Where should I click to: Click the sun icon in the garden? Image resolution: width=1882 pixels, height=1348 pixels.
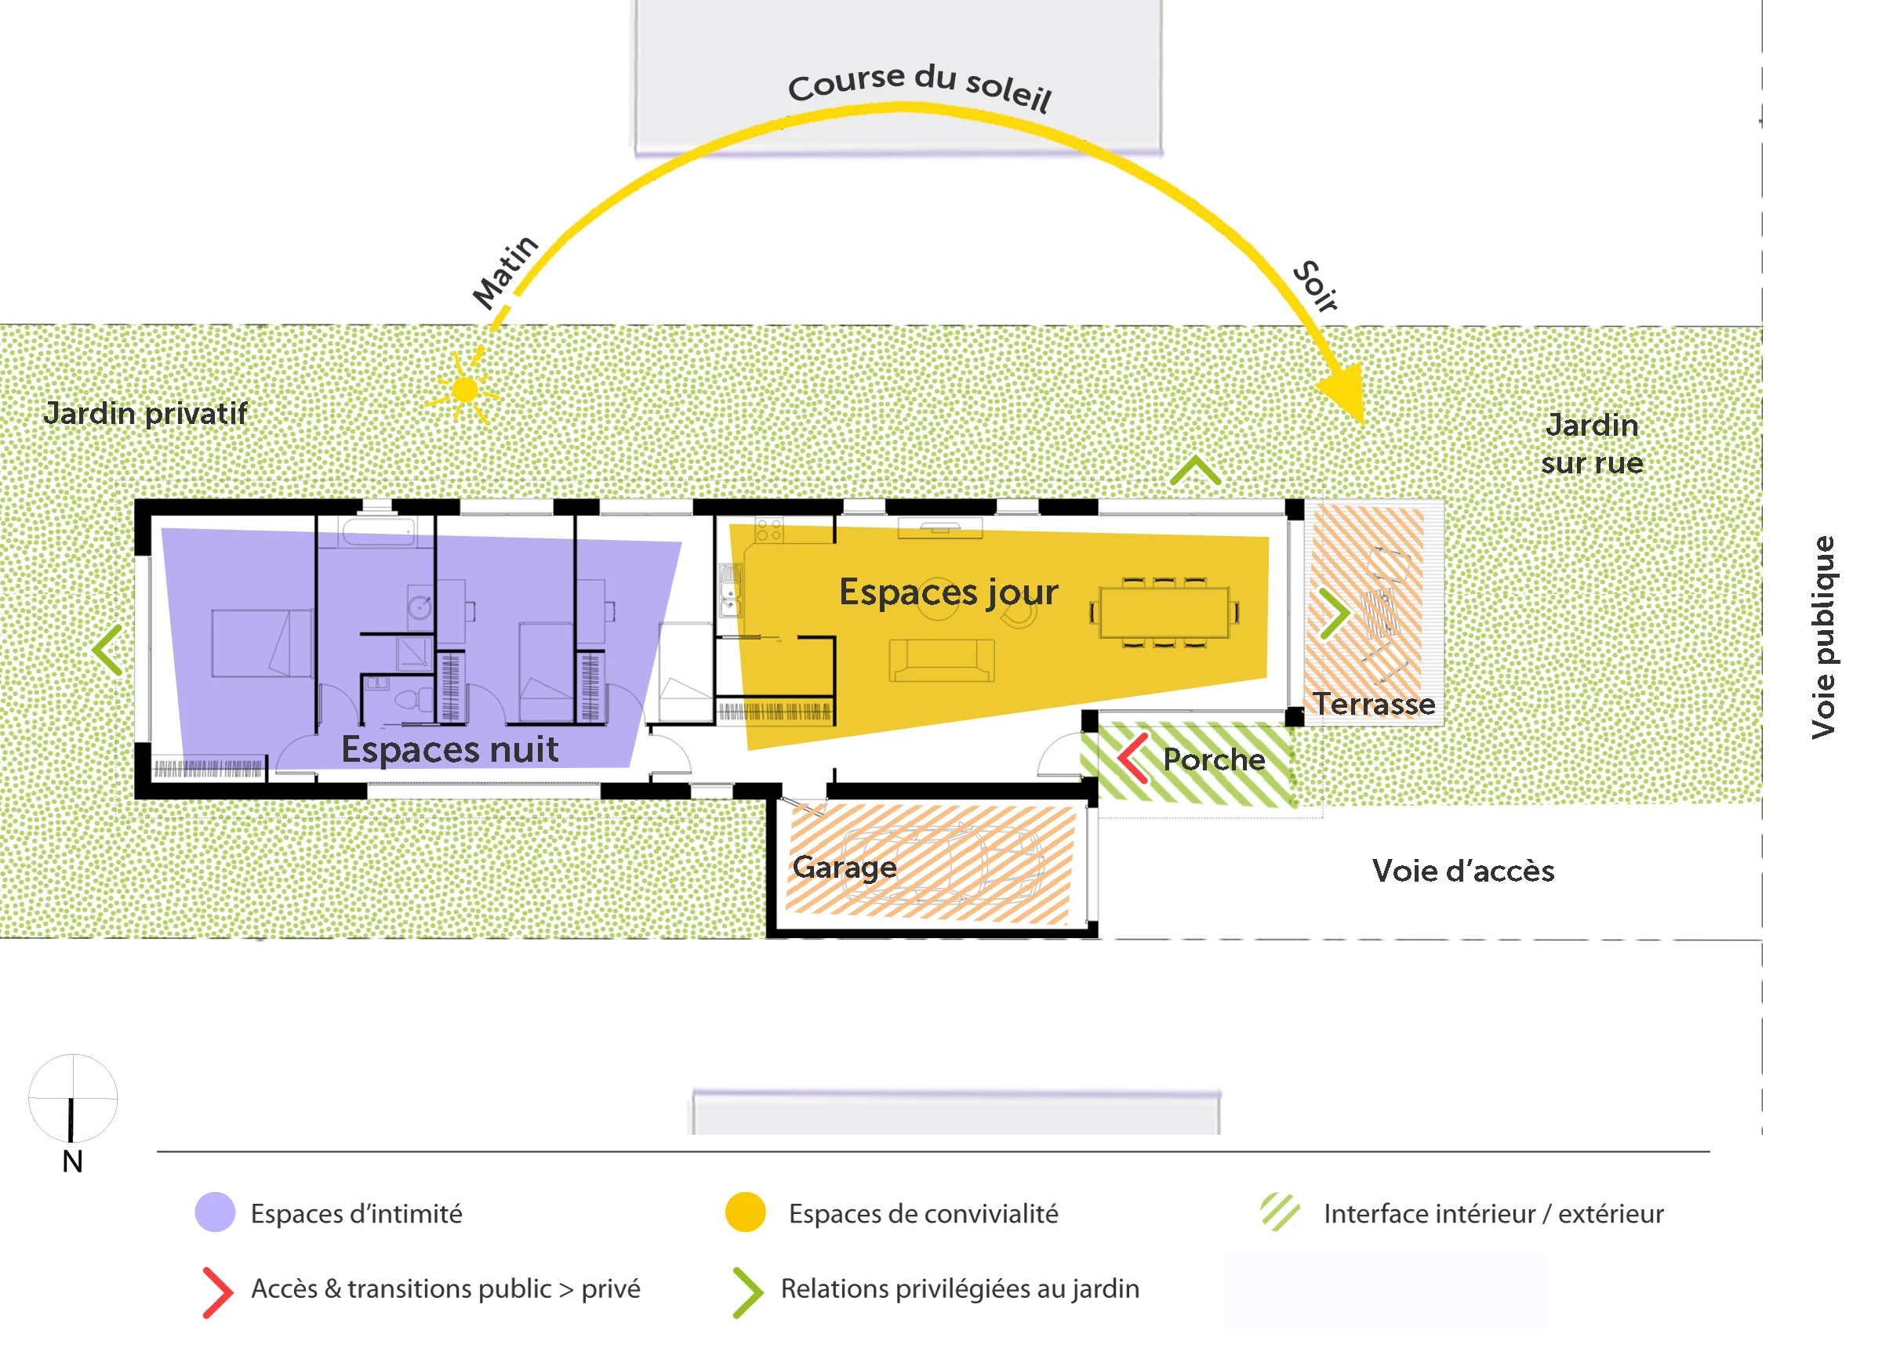click(x=466, y=389)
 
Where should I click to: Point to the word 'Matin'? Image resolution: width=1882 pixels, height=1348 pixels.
click(x=505, y=271)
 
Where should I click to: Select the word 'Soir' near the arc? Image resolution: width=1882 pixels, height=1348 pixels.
click(x=1316, y=286)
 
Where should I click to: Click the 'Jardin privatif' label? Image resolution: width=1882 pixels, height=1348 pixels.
click(x=145, y=413)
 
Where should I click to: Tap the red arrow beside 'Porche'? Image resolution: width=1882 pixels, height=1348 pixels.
click(x=1132, y=758)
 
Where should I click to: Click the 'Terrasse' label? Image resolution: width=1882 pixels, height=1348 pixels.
click(x=1374, y=705)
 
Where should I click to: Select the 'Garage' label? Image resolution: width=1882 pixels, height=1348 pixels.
click(x=844, y=867)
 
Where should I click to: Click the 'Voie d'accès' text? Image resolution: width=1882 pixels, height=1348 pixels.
click(x=1463, y=871)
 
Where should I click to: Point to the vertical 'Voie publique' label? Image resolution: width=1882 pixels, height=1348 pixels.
click(x=1824, y=637)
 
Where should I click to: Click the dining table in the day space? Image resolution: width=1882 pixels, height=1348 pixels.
click(x=1164, y=613)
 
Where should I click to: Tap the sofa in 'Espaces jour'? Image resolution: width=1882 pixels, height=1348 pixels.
click(x=941, y=661)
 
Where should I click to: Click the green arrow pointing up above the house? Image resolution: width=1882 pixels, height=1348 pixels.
click(x=1195, y=471)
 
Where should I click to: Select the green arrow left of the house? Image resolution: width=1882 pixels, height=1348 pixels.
click(x=109, y=650)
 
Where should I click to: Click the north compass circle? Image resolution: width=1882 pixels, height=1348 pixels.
click(x=73, y=1097)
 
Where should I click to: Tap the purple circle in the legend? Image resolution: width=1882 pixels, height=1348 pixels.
click(x=215, y=1212)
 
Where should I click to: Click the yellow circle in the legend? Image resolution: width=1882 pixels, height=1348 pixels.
click(x=745, y=1212)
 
